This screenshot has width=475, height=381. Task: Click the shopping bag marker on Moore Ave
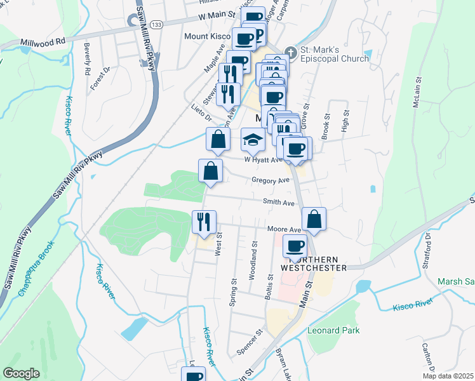tap(314, 220)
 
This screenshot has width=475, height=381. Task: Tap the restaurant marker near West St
tap(204, 222)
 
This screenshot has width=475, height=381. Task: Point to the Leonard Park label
tap(333, 330)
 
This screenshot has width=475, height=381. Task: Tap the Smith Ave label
tap(280, 203)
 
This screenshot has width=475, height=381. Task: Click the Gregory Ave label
tap(270, 181)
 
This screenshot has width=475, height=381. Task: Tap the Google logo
tap(21, 373)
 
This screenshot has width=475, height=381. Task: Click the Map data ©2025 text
tap(447, 375)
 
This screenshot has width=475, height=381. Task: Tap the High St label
tap(345, 121)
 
